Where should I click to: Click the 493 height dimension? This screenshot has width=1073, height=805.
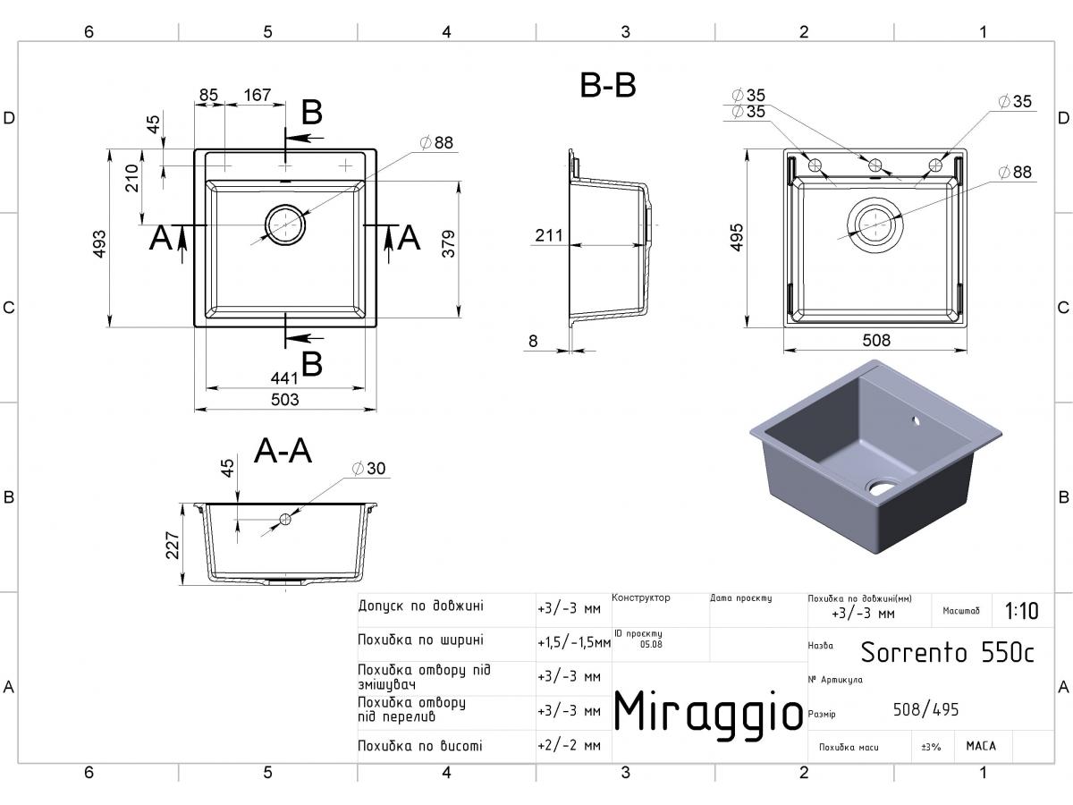click(x=99, y=244)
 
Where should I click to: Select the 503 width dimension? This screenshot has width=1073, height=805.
click(x=284, y=399)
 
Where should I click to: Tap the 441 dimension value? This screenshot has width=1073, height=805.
click(x=284, y=377)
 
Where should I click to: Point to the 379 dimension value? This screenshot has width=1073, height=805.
click(x=448, y=244)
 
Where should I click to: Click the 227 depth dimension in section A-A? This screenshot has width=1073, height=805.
click(x=173, y=545)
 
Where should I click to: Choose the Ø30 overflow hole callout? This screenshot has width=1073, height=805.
click(x=369, y=468)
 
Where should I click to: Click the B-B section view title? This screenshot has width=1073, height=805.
click(x=608, y=86)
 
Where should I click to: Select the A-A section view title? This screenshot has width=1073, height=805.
click(x=283, y=450)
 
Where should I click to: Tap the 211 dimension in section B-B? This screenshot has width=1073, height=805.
click(x=548, y=235)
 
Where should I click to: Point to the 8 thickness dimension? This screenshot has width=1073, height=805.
click(x=533, y=341)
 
